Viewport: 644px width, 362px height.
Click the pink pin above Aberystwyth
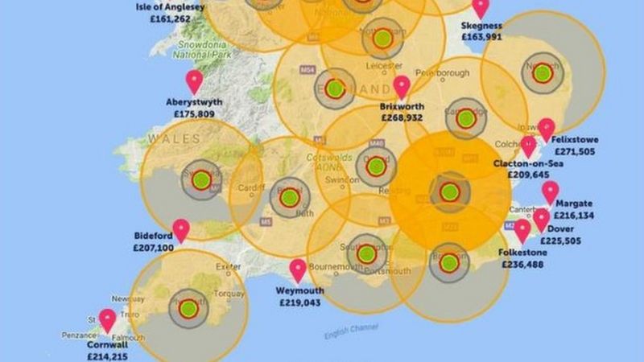pos(194,81)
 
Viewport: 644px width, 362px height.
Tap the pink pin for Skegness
pos(481,8)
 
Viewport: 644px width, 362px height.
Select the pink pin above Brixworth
pos(402,87)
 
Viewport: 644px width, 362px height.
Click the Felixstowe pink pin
pos(547,129)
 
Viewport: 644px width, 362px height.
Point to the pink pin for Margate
pos(550,192)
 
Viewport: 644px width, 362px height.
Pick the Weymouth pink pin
pos(299,270)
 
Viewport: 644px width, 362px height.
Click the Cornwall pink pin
pos(107,320)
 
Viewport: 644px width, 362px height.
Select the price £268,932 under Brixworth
pos(402,117)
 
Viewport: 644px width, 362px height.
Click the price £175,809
pos(190,115)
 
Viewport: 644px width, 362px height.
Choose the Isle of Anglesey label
pos(171,6)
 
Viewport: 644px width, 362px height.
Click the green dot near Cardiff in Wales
pos(200,179)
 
